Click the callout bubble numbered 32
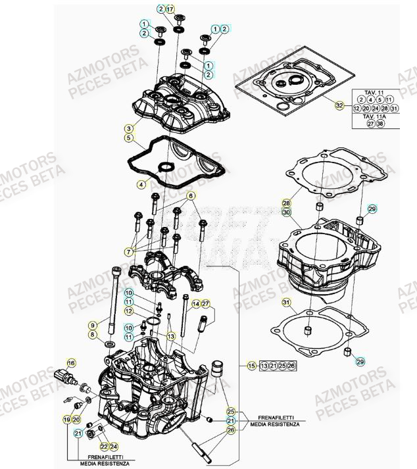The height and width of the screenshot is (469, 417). point(339,105)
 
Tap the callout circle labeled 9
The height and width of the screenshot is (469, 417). point(93,324)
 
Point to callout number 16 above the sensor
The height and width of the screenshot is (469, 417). point(72,362)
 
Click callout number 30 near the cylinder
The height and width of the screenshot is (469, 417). point(286,213)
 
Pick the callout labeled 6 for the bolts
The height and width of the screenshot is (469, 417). point(191,196)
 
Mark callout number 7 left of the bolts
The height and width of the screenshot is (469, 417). point(130,251)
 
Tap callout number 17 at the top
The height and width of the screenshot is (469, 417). point(170,9)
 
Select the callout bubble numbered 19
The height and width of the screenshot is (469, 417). point(66,419)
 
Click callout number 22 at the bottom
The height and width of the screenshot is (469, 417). point(105,447)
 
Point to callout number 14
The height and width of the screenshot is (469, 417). point(195,303)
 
